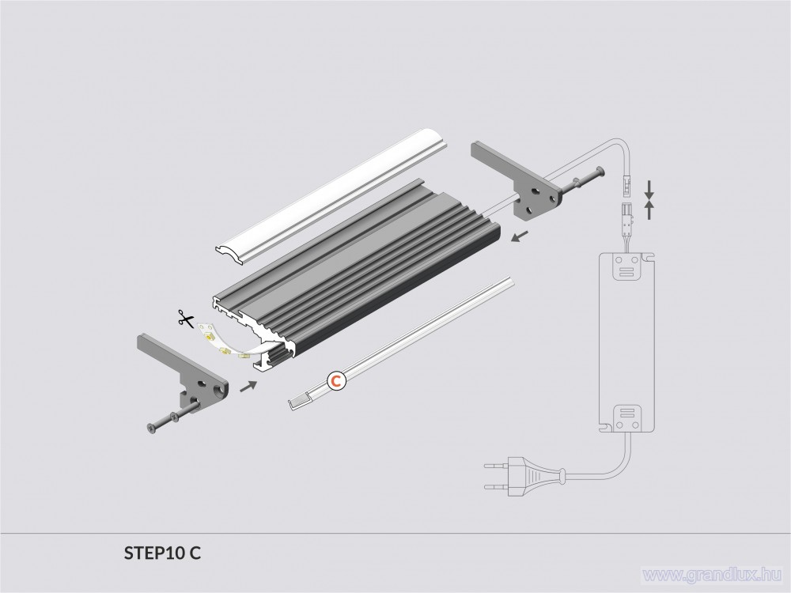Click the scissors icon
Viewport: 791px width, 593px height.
pos(186,319)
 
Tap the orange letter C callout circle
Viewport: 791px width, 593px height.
pos(336,380)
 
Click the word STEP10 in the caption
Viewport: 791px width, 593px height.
pos(155,553)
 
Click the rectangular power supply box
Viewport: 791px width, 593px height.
pos(626,342)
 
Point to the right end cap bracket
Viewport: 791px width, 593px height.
pos(515,180)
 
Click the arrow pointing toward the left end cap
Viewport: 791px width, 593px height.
pos(248,387)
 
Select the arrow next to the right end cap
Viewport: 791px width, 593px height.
pos(520,236)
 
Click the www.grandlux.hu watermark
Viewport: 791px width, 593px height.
pos(713,574)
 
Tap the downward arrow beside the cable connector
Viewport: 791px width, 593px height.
pos(649,189)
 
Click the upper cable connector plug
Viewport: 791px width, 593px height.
pos(626,184)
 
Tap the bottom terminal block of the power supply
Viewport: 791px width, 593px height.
pos(626,418)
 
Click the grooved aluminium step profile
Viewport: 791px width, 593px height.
pos(356,275)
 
